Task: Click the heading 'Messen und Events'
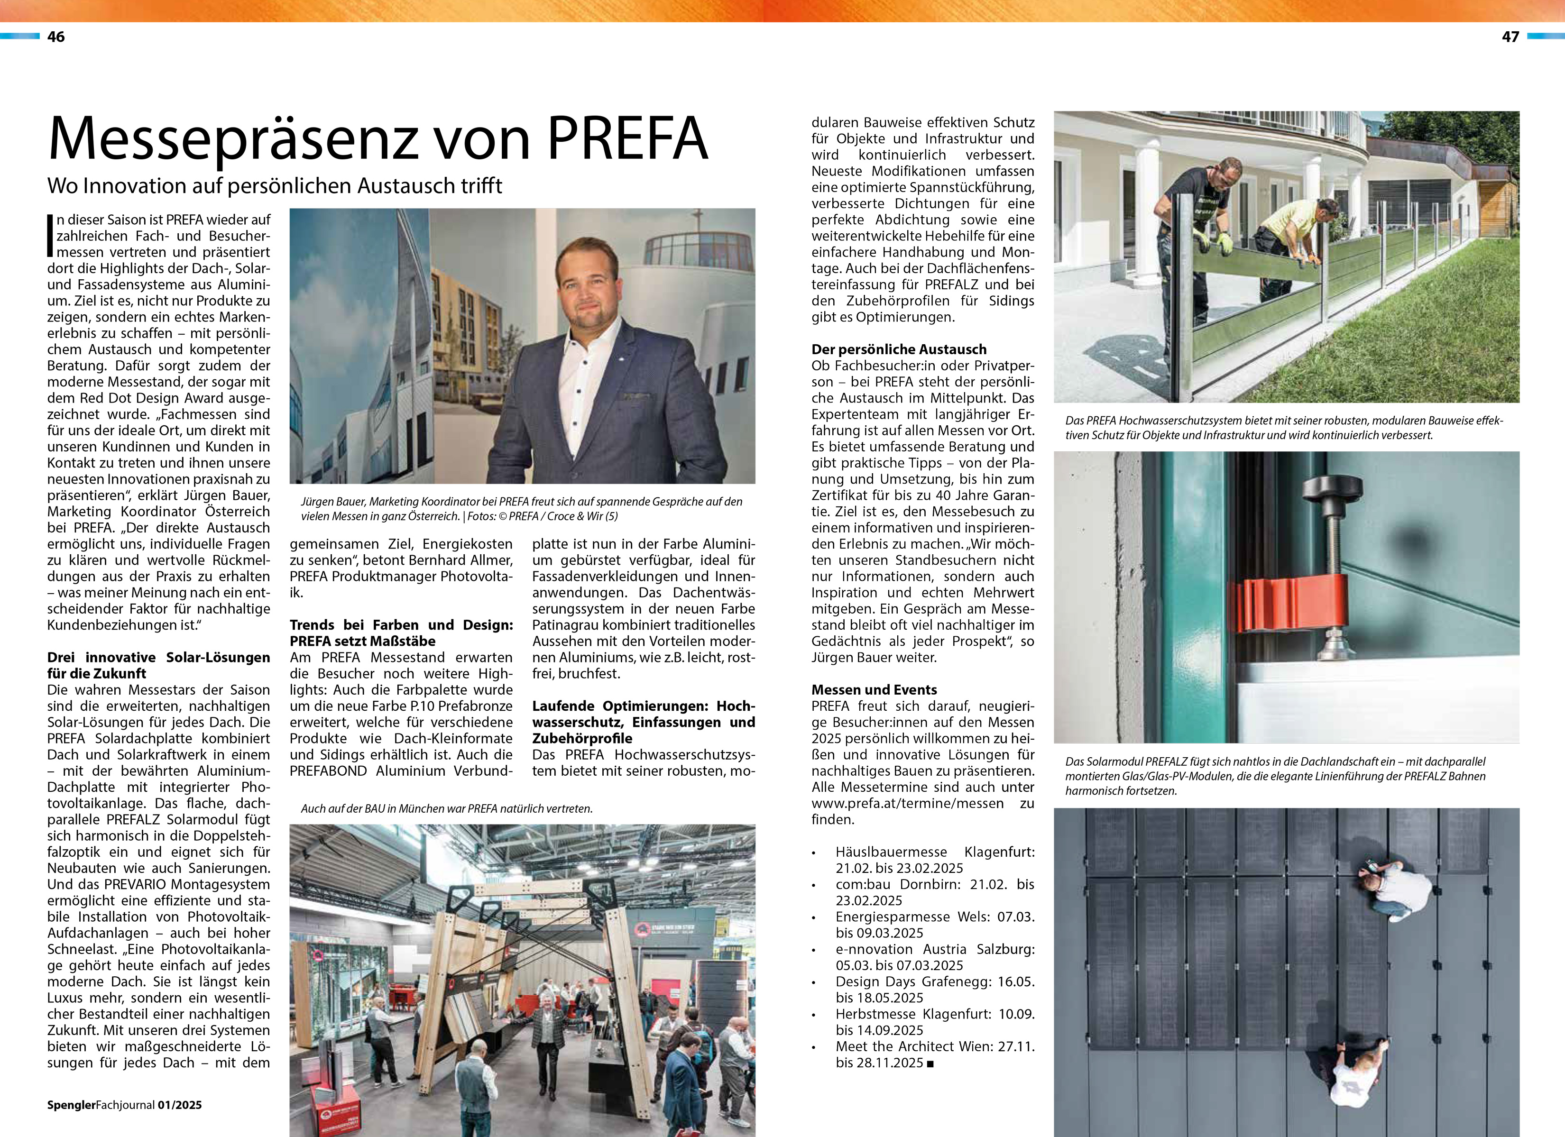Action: (874, 689)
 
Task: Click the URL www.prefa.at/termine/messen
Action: (907, 803)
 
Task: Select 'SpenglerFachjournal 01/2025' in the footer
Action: (124, 1105)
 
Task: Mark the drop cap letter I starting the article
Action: (50, 235)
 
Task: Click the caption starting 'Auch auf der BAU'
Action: (446, 808)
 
